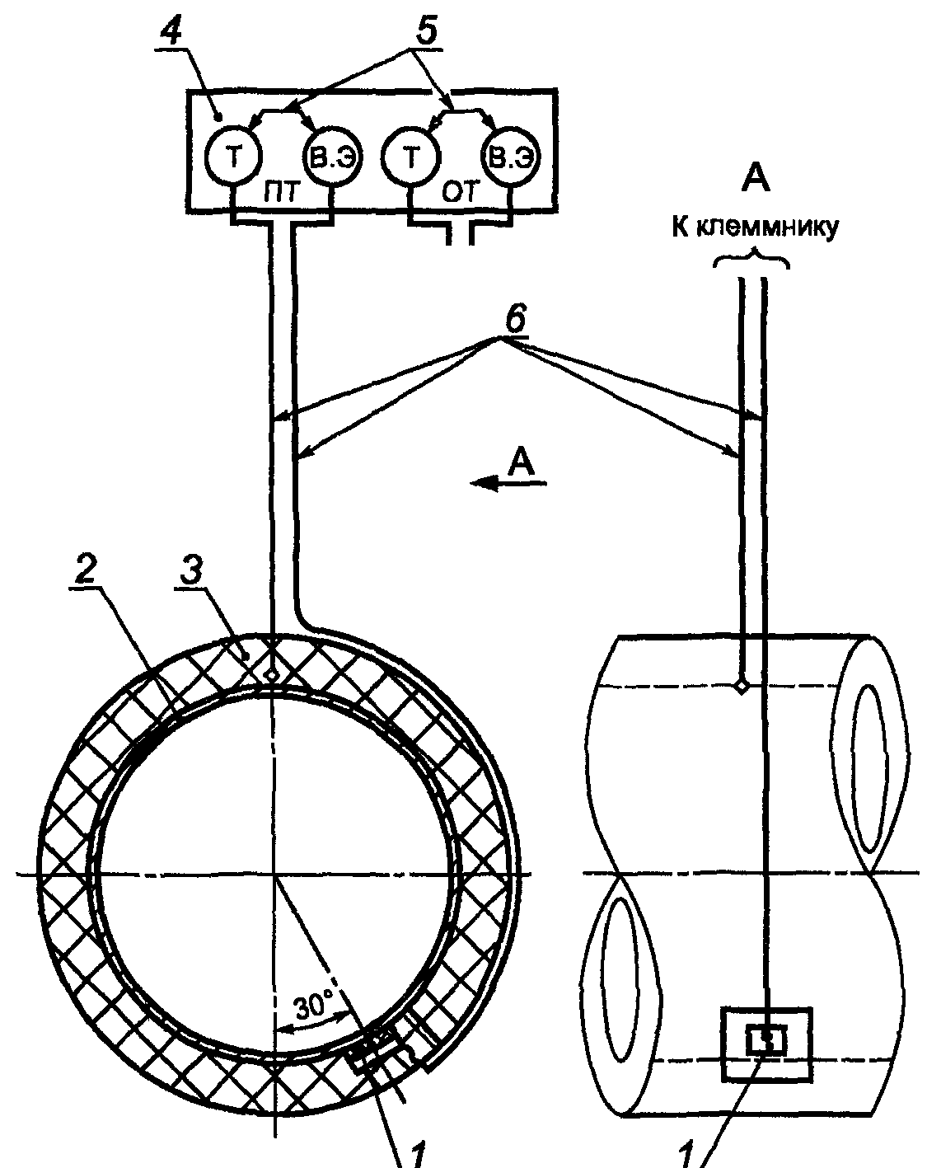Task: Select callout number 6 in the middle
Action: tap(515, 319)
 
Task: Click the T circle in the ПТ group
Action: tap(233, 157)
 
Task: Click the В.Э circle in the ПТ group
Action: tap(332, 157)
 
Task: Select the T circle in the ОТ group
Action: tap(411, 157)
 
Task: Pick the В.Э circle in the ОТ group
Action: tap(511, 157)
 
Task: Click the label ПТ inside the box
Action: tap(280, 193)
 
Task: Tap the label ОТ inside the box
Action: tap(461, 193)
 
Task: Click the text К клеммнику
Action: tap(755, 228)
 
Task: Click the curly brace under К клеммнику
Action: tap(751, 259)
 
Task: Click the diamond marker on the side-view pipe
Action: tap(742, 687)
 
